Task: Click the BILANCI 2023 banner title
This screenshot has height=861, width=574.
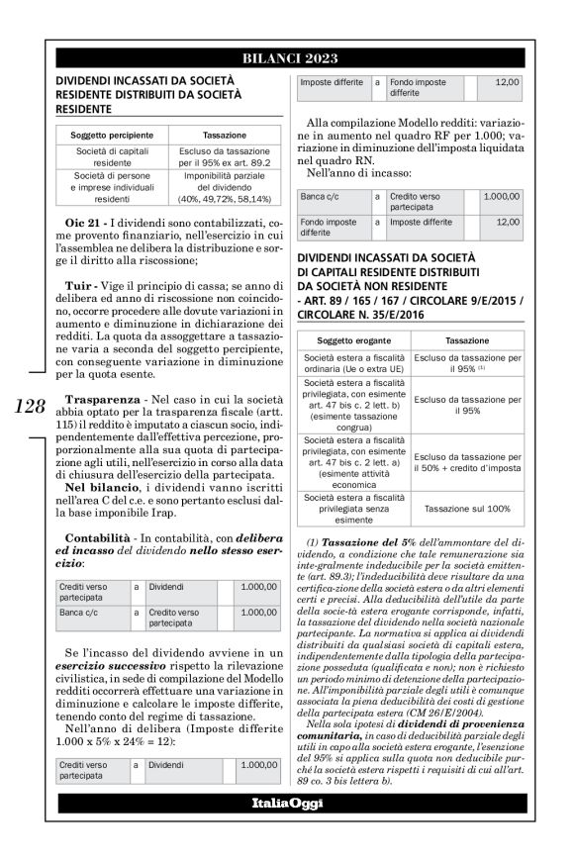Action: pos(286,56)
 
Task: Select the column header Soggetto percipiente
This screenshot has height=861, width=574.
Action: pos(111,132)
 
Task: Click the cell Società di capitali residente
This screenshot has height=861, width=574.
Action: pos(111,155)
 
